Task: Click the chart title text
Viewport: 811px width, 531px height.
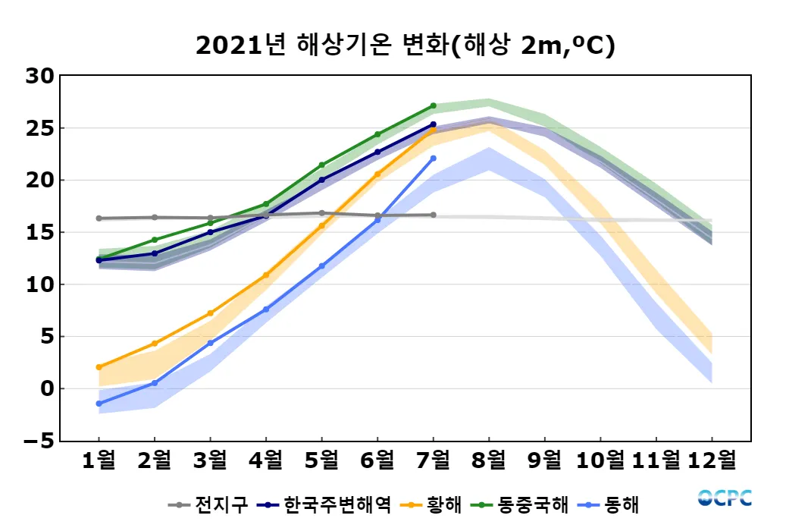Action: tap(405, 45)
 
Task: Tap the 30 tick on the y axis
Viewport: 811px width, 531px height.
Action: tap(39, 76)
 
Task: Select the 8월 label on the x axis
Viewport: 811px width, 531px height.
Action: tap(489, 460)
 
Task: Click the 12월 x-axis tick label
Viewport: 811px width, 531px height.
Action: tap(712, 460)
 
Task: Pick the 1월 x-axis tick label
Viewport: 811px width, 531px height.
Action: tap(99, 460)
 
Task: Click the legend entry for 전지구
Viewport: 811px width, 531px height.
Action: tap(208, 504)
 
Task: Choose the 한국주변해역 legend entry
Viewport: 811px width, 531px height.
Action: tap(325, 504)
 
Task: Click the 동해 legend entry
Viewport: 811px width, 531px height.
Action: tap(613, 504)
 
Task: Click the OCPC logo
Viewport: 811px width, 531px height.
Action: tap(725, 498)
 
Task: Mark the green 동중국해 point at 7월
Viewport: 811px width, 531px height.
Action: tap(433, 105)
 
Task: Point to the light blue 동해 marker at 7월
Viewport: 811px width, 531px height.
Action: tap(433, 158)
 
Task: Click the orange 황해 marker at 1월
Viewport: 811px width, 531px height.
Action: tap(99, 367)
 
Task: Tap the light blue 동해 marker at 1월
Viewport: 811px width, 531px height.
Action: tap(99, 404)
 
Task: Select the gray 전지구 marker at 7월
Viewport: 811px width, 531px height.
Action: tap(433, 215)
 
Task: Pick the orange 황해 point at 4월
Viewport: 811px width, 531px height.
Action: tap(266, 275)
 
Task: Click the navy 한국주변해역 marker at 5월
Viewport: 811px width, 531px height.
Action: tap(321, 180)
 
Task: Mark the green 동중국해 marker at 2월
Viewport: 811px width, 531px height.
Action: tap(155, 240)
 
